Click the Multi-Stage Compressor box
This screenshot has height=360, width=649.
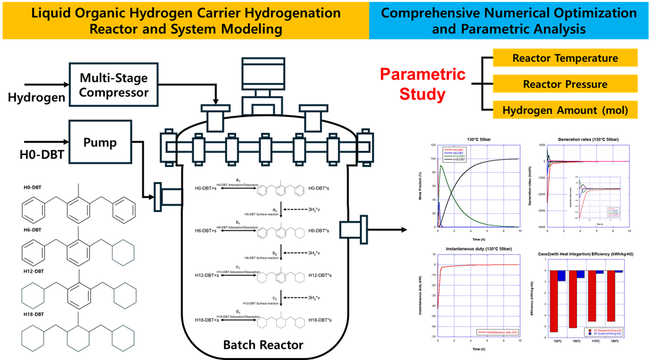114,86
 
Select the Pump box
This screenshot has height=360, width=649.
100,143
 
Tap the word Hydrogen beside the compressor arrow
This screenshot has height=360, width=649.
36,97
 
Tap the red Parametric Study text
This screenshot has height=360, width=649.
423,85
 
